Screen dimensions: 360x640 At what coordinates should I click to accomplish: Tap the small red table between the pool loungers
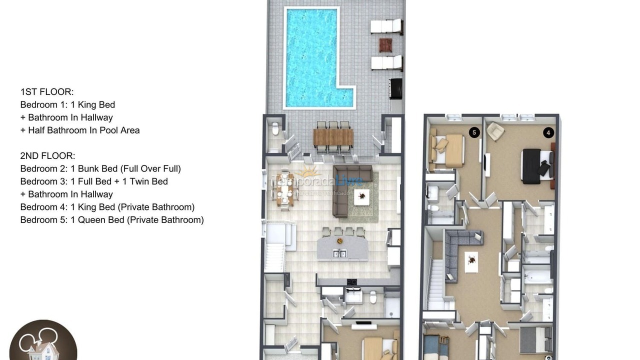click(x=385, y=45)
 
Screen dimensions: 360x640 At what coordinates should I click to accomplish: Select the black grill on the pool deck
click(x=396, y=88)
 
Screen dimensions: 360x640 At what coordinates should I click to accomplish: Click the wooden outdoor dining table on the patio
click(x=333, y=137)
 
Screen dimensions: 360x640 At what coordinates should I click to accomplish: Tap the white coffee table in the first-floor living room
click(x=361, y=197)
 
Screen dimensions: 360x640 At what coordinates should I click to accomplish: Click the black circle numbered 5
click(x=474, y=132)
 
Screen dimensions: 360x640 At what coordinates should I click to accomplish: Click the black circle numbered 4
click(x=548, y=132)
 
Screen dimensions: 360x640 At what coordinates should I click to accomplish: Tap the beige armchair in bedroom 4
click(x=495, y=131)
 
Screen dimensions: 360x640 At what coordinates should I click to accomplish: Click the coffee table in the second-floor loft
click(x=471, y=261)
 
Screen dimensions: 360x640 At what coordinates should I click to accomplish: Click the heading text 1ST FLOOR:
click(x=47, y=92)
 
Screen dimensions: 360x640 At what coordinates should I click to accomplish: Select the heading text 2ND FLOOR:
click(x=48, y=156)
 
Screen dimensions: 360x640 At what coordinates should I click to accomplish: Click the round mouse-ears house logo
click(x=43, y=342)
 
